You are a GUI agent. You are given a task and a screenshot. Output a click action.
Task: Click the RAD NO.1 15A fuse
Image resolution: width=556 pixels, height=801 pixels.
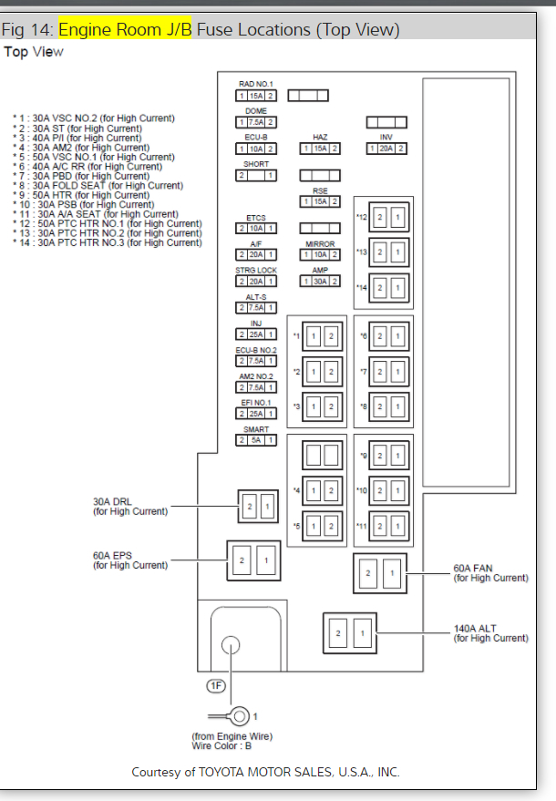256,96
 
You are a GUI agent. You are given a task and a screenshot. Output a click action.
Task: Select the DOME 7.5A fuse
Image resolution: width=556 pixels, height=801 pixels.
256,122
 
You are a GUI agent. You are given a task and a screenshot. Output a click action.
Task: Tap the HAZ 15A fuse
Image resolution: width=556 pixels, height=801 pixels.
320,149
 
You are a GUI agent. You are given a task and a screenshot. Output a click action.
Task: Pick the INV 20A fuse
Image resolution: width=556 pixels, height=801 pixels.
386,149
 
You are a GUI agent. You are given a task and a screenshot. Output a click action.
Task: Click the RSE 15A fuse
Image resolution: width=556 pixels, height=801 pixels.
320,201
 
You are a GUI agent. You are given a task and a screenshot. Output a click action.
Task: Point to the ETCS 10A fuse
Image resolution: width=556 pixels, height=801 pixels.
256,228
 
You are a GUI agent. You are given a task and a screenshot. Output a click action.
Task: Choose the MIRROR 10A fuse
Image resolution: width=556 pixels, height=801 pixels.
320,254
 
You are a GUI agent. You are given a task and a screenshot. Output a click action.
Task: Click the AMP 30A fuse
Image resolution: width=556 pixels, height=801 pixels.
320,282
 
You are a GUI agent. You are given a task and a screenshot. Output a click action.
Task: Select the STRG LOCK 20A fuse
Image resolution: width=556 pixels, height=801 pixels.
256,282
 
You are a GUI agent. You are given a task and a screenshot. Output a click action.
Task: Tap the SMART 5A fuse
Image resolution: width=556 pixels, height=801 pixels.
256,440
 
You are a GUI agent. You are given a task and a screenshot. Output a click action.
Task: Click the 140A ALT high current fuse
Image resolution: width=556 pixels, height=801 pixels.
350,632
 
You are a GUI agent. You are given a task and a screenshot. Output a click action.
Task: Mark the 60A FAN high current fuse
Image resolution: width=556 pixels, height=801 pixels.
380,573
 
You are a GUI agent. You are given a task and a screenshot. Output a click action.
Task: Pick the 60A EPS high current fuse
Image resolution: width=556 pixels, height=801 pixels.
253,560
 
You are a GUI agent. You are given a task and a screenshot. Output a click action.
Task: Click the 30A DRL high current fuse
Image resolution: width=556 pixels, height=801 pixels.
257,506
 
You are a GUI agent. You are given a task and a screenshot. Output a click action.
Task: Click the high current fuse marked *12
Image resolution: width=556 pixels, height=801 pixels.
386,218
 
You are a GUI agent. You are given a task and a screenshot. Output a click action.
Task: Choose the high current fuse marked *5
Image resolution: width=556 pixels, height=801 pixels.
321,527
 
